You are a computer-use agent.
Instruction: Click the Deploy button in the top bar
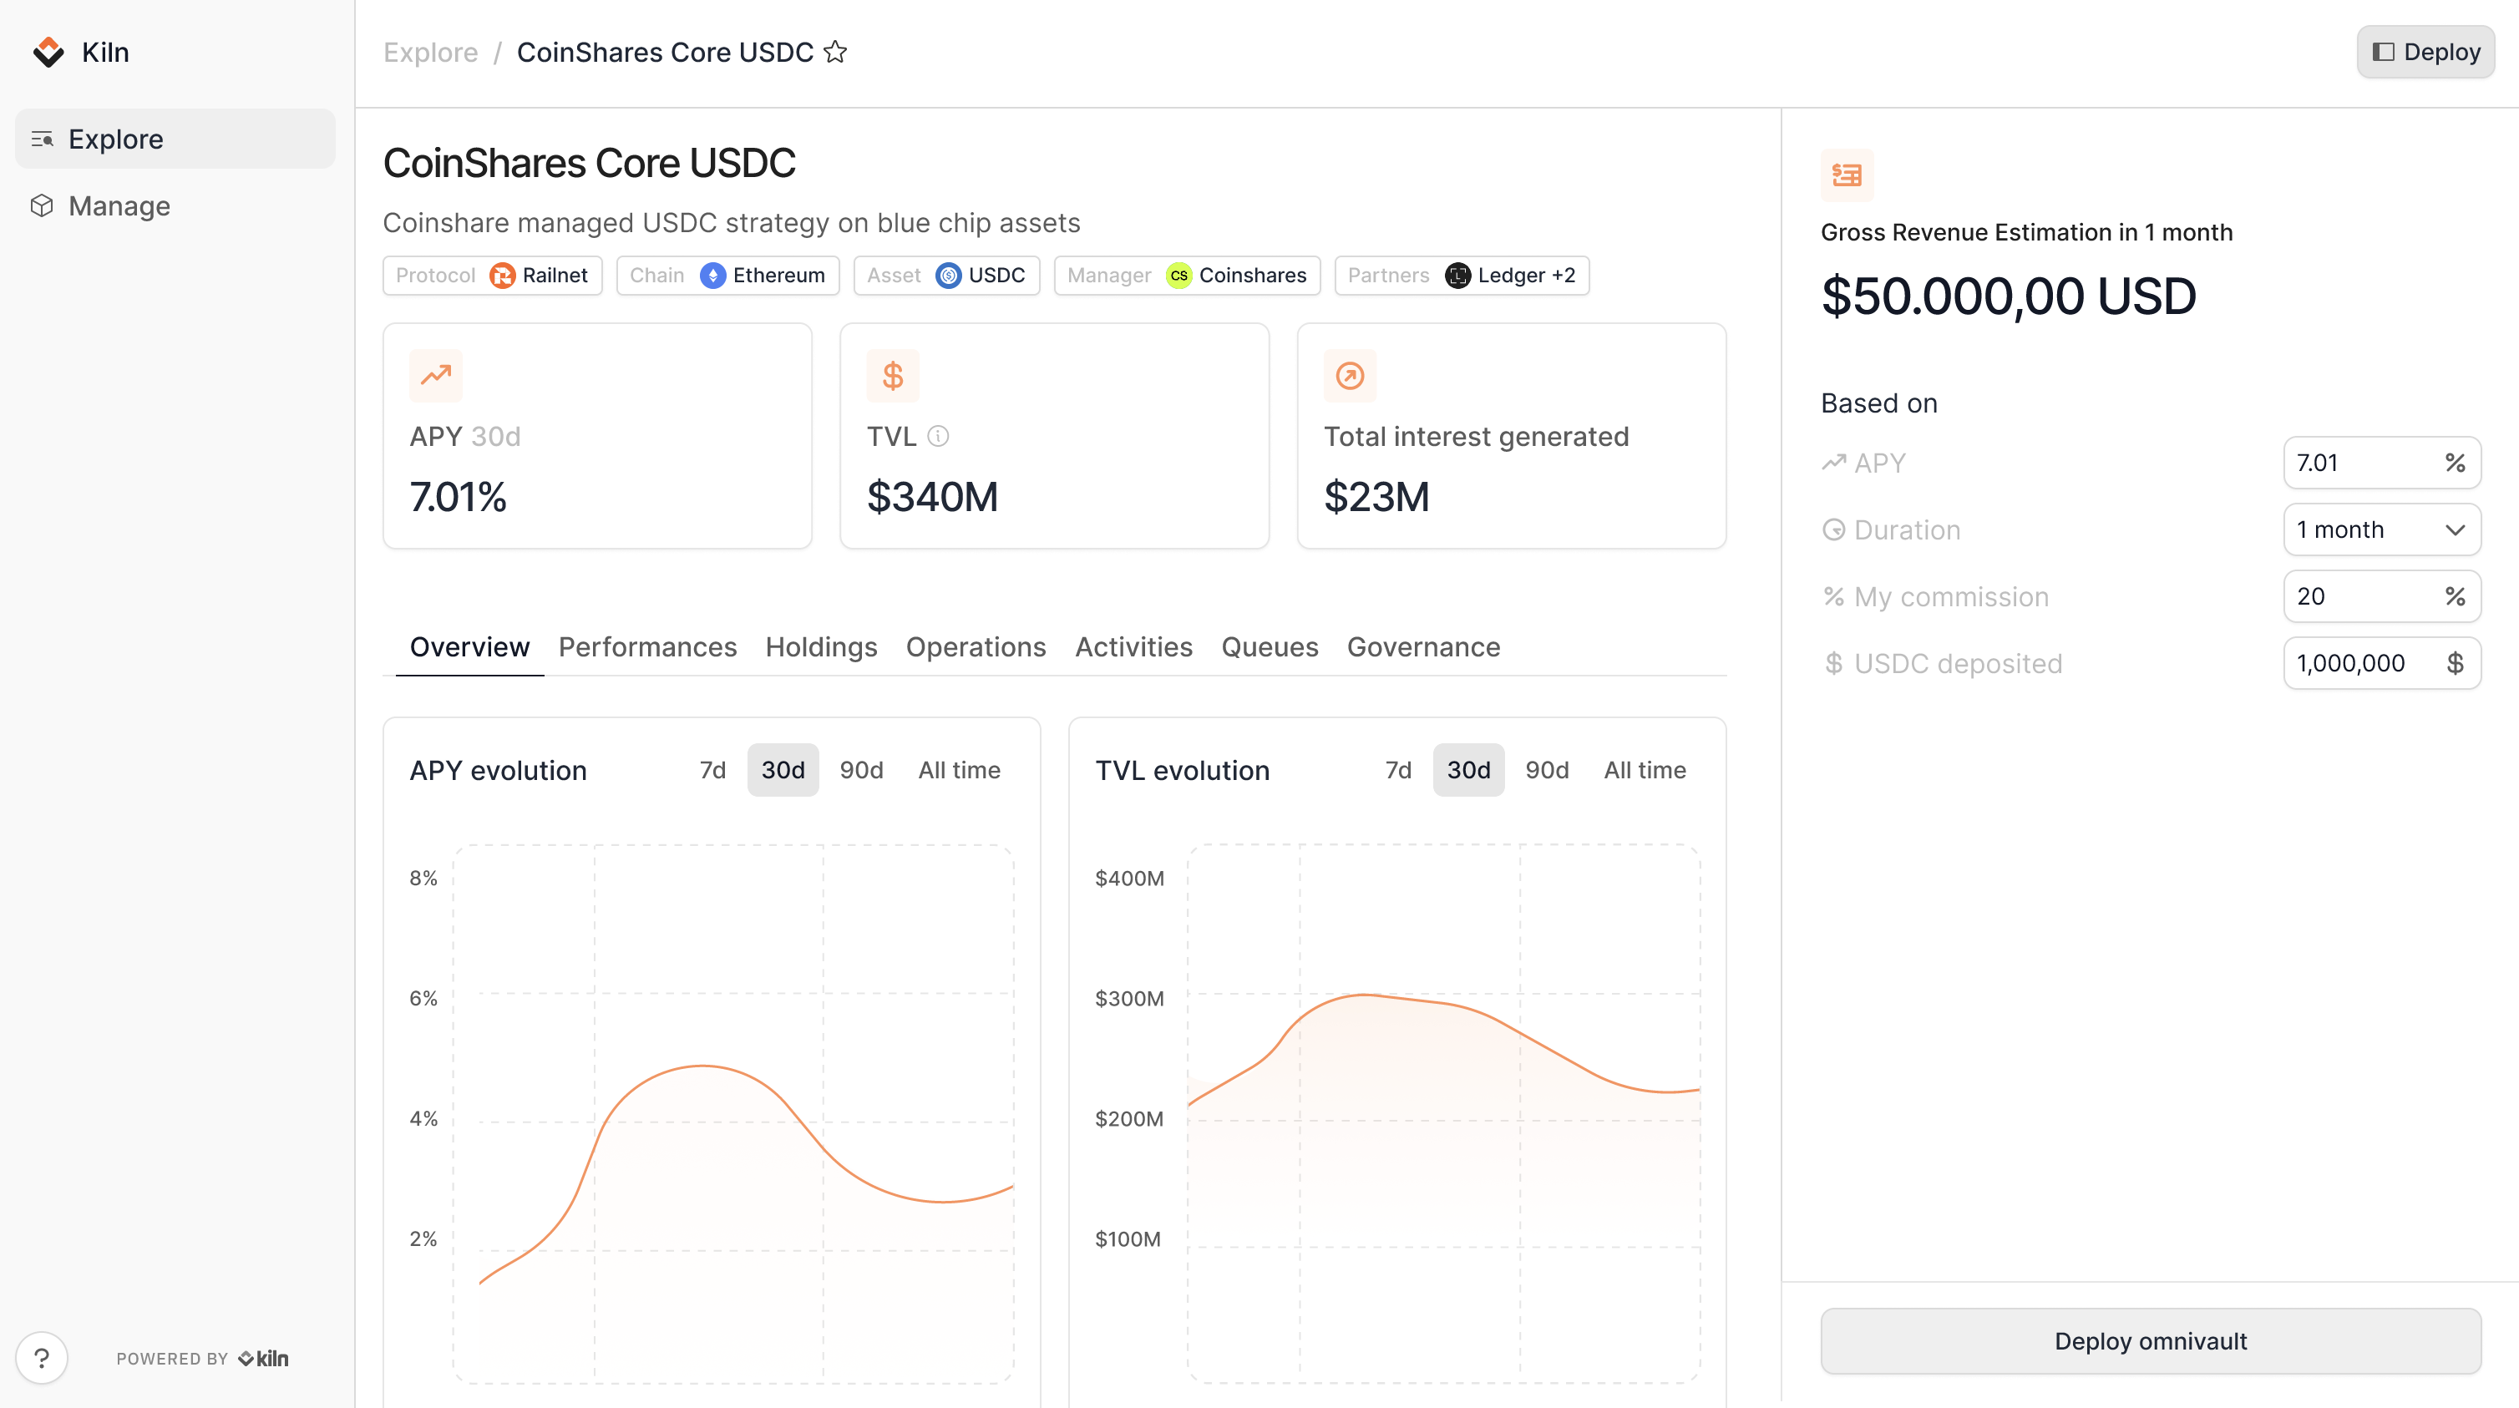2425,52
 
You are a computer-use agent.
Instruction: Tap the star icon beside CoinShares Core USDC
835,52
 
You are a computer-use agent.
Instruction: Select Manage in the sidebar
119,206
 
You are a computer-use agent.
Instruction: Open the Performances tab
647,647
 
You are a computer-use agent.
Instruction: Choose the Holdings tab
821,647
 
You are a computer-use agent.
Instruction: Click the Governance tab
1423,647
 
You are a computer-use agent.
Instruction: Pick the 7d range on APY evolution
713,771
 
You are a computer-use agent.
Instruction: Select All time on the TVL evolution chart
1645,771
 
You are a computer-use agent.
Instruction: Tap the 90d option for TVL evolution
1547,771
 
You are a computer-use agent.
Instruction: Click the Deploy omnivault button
2151,1341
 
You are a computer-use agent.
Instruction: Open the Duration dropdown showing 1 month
2381,530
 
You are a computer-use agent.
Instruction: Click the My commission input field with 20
2362,596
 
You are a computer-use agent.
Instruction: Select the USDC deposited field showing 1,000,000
2362,664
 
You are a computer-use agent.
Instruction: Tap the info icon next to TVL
938,436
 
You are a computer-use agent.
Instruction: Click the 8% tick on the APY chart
423,878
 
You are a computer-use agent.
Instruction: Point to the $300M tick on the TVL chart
1129,998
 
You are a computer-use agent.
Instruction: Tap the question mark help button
42,1358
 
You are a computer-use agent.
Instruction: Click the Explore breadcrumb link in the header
430,52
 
